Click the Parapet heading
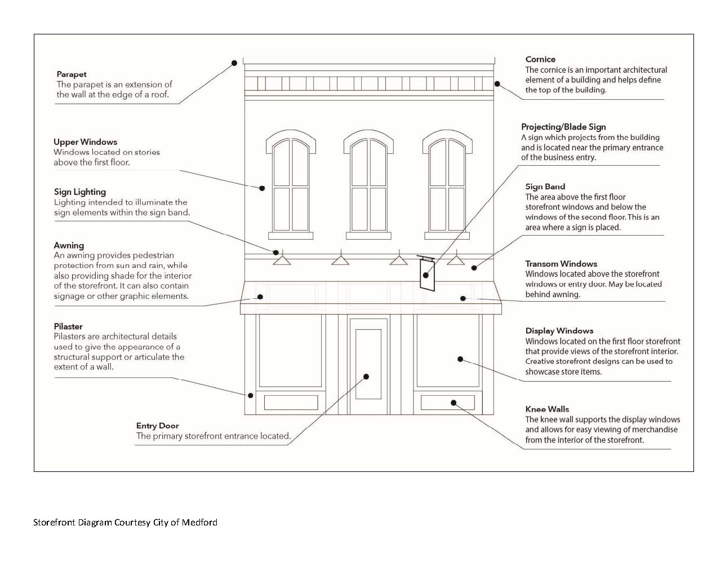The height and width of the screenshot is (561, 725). coord(72,74)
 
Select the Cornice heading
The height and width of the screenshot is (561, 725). coord(540,59)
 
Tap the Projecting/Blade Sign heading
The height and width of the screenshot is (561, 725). coord(563,127)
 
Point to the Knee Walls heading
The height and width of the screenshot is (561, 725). coord(547,409)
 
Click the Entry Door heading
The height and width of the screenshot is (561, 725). coord(157,426)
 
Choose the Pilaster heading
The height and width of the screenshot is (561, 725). coord(68,326)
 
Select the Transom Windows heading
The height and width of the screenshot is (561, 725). coord(561,264)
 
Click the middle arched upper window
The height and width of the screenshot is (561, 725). coord(369,186)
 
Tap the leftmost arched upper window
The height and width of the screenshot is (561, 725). coord(291,186)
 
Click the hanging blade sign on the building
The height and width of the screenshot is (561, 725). coord(428,275)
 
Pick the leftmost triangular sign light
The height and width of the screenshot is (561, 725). coord(282,260)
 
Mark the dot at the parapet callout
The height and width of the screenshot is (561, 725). coord(235,63)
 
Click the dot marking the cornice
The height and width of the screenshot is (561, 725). coord(497,84)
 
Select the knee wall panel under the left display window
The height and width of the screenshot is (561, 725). coord(291,403)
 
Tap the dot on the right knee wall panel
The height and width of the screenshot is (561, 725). coord(453,403)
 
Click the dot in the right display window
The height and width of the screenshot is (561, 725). coord(460,359)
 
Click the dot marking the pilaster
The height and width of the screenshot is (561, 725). coord(251,395)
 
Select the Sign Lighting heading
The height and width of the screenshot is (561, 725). coord(80,192)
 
